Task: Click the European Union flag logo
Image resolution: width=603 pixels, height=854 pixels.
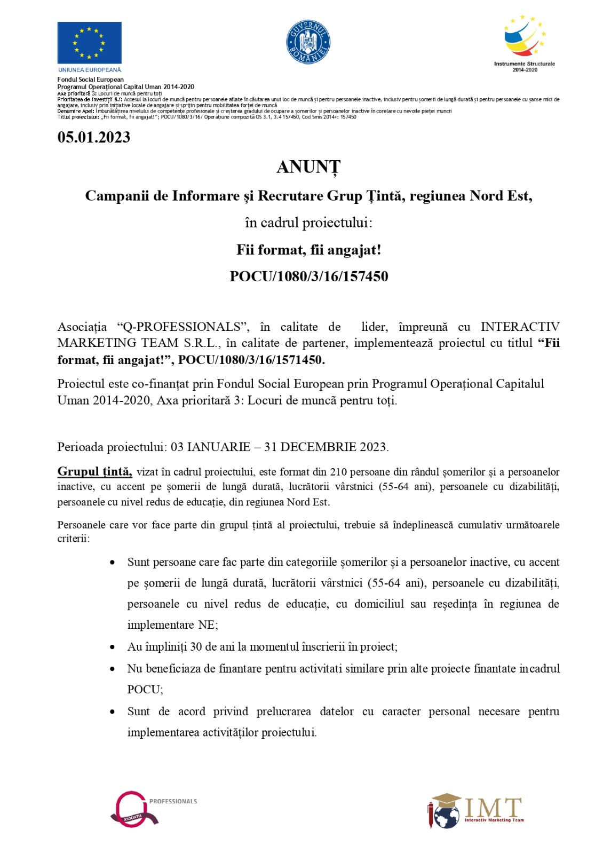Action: coord(89,43)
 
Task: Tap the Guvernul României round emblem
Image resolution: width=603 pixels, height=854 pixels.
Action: coord(308,42)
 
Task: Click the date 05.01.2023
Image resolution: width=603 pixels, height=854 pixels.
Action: coord(94,137)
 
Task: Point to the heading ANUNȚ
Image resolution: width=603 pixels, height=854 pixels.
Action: coord(308,167)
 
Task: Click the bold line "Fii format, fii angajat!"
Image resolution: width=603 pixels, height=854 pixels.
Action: coord(308,250)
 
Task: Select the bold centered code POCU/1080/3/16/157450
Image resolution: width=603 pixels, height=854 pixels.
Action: coord(308,276)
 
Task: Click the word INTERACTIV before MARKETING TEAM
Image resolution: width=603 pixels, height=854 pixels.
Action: coord(520,327)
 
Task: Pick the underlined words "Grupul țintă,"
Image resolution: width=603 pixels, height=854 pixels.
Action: coord(94,471)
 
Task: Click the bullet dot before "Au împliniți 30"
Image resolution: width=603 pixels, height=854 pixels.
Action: coord(112,647)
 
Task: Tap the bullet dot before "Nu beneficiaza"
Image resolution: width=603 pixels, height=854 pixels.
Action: coord(112,669)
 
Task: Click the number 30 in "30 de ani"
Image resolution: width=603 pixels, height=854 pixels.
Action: coord(196,647)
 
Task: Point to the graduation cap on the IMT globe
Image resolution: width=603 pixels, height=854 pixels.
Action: coord(446,799)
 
